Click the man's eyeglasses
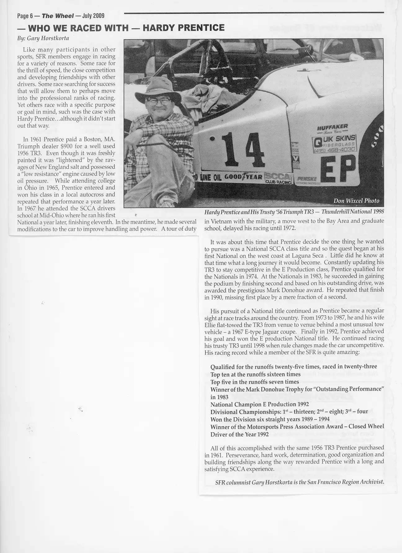(x=159, y=101)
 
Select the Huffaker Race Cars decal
(x=333, y=128)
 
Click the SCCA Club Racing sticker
(x=278, y=178)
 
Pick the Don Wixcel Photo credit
(x=356, y=201)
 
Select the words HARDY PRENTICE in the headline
(x=183, y=28)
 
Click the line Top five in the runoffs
(x=255, y=382)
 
